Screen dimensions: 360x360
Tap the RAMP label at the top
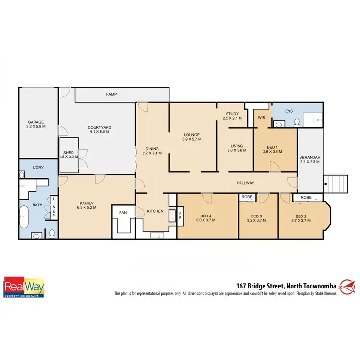click(x=112, y=95)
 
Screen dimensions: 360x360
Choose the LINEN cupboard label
click(x=54, y=208)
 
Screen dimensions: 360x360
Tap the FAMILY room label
click(x=86, y=205)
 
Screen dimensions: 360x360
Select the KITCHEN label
click(x=155, y=211)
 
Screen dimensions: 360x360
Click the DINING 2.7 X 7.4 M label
click(x=152, y=151)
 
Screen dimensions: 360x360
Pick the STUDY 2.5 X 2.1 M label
click(x=232, y=115)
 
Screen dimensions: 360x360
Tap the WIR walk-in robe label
click(x=262, y=117)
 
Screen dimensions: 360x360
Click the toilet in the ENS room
click(x=297, y=122)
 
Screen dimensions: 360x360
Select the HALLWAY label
click(x=245, y=183)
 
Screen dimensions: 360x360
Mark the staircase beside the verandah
click(x=336, y=183)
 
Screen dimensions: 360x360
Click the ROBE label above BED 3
click(x=247, y=197)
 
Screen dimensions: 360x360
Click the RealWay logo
click(x=24, y=287)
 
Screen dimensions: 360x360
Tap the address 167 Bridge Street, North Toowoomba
click(x=286, y=285)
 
